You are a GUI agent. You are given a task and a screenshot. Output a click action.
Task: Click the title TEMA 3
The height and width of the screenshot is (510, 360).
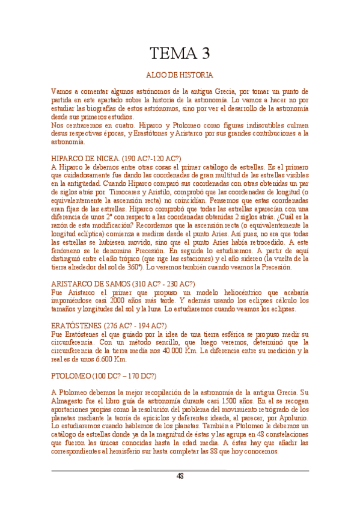tap(180, 54)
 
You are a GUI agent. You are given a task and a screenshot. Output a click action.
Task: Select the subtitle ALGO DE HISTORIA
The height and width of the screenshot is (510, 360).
tap(180, 76)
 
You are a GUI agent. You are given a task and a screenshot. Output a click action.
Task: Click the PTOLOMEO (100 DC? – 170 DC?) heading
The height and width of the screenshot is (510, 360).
tap(103, 376)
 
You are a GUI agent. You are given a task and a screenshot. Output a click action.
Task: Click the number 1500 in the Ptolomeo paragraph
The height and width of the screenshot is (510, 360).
tap(232, 401)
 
